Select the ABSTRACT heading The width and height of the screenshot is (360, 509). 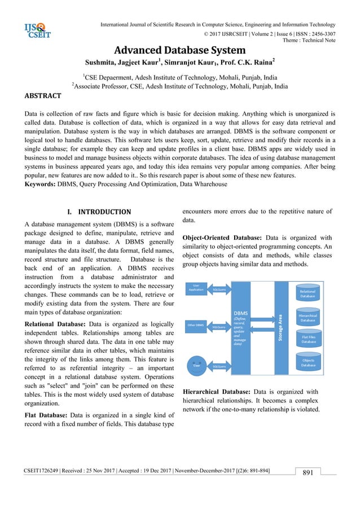44,96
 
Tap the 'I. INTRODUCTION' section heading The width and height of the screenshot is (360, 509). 99,212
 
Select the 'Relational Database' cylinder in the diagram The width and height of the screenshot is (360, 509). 308,293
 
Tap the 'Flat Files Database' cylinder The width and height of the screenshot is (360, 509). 308,339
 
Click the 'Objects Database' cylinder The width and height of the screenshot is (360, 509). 308,362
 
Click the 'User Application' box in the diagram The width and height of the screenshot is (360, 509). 196,288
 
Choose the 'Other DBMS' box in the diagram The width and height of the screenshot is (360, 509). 195,325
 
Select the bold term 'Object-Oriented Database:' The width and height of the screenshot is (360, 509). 222,238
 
